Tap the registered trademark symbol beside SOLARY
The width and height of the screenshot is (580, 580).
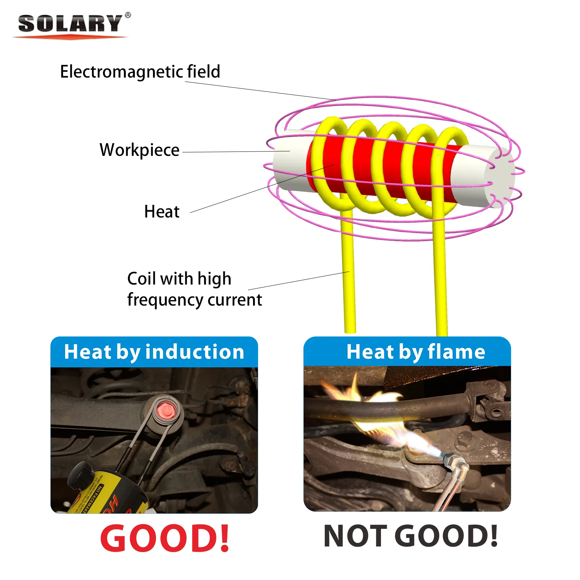click(128, 15)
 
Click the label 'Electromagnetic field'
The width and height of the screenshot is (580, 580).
click(140, 71)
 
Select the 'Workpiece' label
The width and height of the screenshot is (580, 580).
click(139, 150)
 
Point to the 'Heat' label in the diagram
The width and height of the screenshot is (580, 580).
click(162, 211)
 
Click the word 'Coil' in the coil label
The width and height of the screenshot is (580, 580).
click(142, 279)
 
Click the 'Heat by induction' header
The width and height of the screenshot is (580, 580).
click(154, 352)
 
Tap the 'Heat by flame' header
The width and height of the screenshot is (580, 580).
click(415, 352)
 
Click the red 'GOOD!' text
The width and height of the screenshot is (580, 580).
click(165, 538)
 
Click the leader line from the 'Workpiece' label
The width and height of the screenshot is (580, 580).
click(236, 152)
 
